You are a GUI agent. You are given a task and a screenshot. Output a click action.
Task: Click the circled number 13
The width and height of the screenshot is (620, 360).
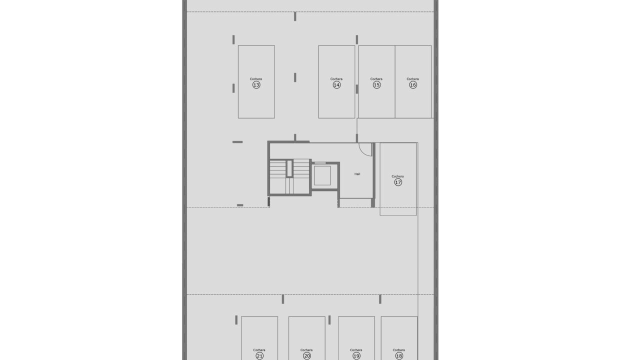click(256, 85)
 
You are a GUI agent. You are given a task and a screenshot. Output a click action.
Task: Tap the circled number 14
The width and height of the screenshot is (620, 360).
click(336, 85)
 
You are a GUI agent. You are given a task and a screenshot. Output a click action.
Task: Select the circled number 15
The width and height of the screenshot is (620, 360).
click(376, 85)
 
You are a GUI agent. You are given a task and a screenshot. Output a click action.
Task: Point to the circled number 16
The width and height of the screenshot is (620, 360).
click(413, 85)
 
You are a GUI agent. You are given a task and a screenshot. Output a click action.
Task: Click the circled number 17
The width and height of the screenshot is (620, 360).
click(398, 182)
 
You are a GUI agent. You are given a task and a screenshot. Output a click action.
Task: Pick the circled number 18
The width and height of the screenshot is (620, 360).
click(399, 356)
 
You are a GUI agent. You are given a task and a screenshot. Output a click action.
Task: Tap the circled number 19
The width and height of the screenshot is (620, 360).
click(356, 356)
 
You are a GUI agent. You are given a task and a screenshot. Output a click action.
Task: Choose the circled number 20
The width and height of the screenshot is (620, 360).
click(306, 356)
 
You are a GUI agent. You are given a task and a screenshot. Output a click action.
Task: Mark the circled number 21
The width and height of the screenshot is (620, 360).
click(259, 356)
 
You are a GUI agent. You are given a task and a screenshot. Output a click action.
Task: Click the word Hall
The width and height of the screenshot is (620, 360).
click(357, 174)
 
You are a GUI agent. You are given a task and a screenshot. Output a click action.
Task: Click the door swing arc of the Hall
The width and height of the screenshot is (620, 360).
click(363, 152)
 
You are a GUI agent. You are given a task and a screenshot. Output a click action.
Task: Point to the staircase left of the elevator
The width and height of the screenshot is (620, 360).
click(289, 176)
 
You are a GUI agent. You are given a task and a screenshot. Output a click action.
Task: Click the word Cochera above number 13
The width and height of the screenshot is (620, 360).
click(256, 79)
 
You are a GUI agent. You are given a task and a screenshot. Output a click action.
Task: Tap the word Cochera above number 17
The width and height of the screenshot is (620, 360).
click(397, 176)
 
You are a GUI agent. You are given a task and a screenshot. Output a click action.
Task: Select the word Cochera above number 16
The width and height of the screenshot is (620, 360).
click(412, 79)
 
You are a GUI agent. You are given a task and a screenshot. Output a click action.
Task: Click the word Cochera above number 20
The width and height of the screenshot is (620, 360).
click(306, 350)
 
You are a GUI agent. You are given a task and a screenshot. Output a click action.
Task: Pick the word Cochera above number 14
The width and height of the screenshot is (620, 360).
click(336, 79)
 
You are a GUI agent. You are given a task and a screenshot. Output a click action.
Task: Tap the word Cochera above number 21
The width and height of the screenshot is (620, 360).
click(259, 350)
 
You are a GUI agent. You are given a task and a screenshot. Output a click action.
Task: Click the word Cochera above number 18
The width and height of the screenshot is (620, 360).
click(399, 350)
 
